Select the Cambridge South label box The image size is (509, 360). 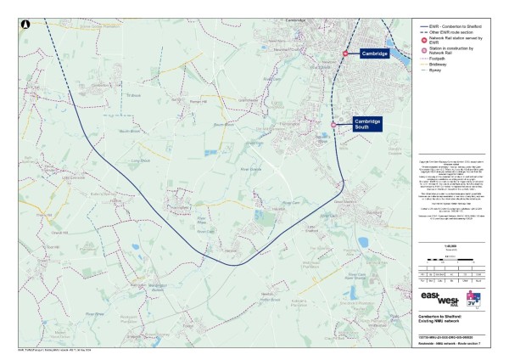[367, 124]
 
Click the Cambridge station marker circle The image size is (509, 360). [345, 54]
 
